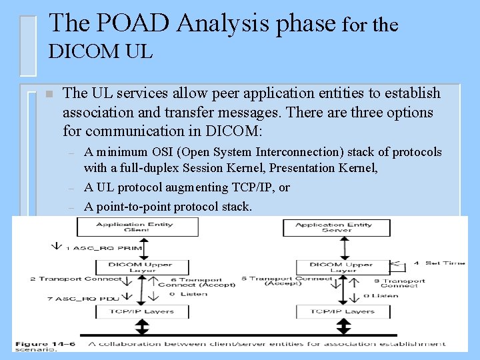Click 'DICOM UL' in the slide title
click(x=101, y=51)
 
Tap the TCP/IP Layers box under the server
click(x=343, y=311)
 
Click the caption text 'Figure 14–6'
click(x=44, y=344)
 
